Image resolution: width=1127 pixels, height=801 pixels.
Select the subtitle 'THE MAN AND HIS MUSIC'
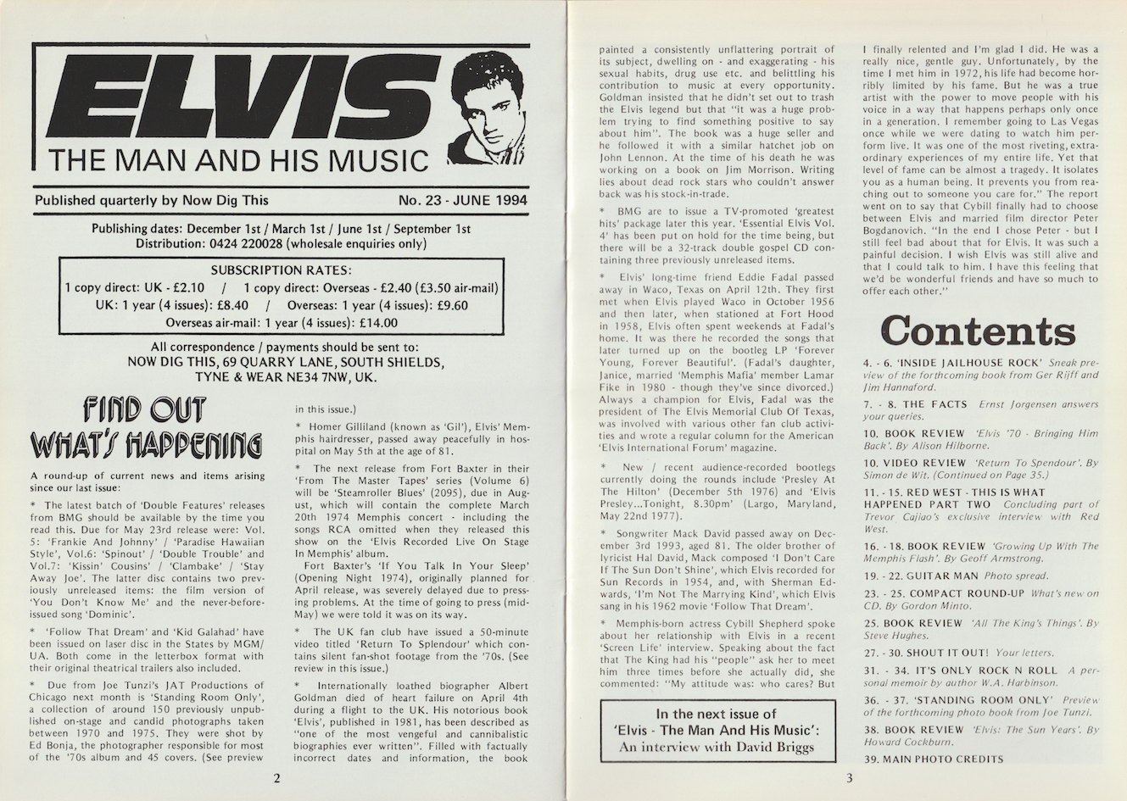click(237, 160)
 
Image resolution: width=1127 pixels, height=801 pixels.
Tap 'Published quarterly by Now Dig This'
click(152, 200)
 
